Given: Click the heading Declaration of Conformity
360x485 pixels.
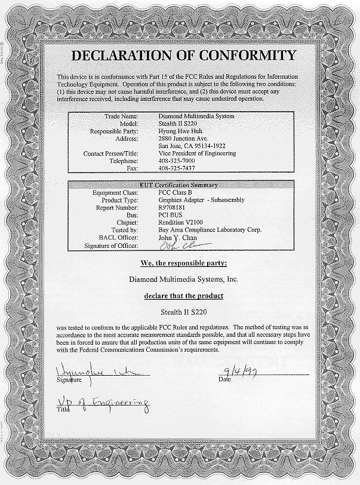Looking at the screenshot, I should point(183,56).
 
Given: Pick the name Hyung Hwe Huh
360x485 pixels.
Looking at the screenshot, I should point(180,130).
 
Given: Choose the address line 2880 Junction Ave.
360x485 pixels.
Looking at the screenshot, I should point(181,138).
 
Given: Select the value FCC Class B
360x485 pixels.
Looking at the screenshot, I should point(177,192).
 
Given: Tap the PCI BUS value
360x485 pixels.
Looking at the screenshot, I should point(173,215).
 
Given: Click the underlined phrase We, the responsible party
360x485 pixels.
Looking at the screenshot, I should point(183,263).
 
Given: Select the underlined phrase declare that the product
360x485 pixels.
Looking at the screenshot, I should point(183,296).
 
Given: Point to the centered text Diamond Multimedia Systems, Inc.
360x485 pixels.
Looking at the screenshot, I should point(183,279).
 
